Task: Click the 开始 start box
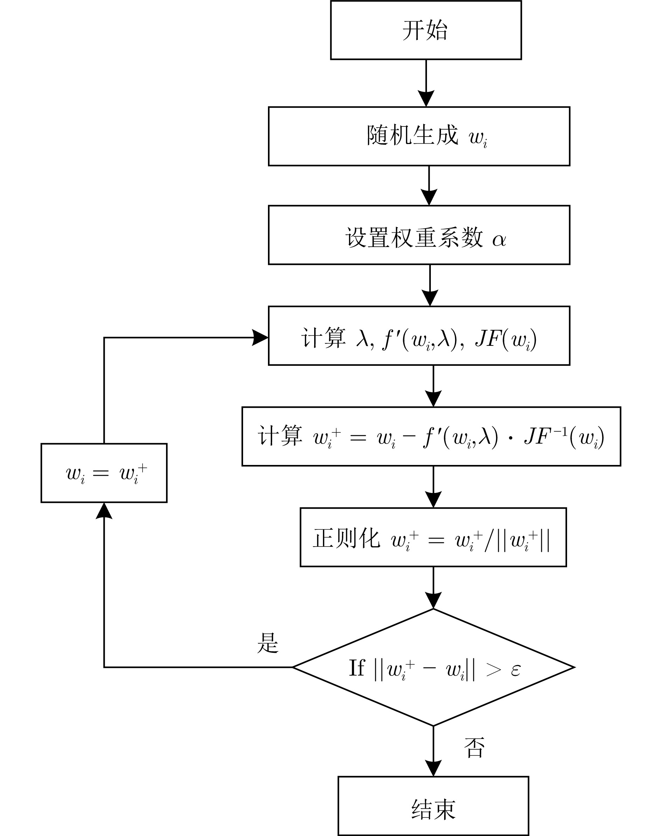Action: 426,30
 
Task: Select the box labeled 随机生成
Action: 419,136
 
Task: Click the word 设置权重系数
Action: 414,237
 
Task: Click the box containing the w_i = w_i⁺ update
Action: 104,473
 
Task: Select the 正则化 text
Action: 346,538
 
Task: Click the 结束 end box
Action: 433,806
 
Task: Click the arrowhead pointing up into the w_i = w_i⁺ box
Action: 104,511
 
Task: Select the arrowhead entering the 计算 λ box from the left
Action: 260,337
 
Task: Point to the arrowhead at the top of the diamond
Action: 433,601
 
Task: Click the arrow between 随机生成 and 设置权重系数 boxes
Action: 429,185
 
